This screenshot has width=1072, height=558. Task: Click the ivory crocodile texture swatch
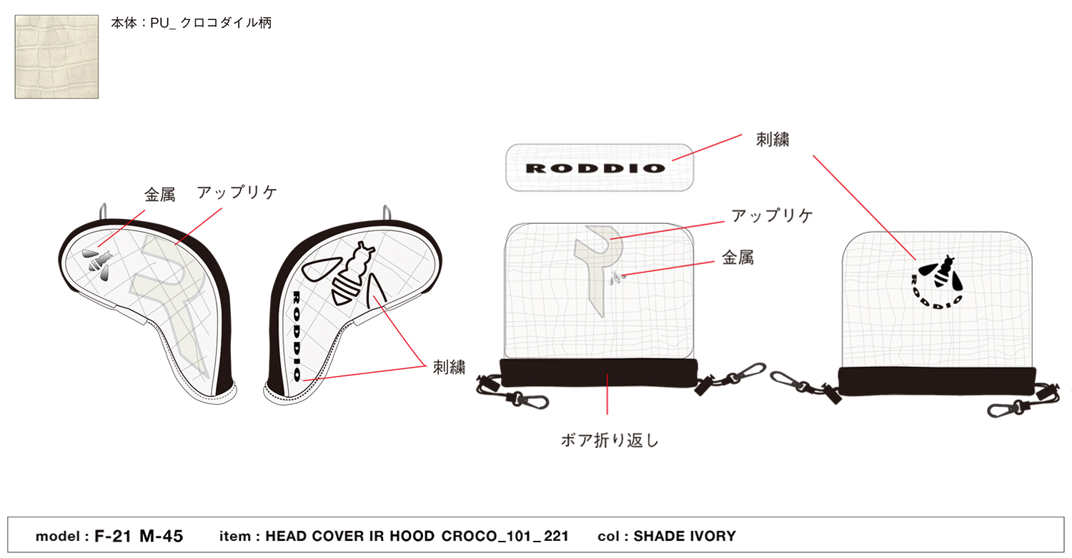(56, 57)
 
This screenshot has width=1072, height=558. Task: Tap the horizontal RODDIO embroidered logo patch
(599, 167)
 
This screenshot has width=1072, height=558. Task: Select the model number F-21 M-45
(139, 536)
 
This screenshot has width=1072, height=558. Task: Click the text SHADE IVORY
(685, 536)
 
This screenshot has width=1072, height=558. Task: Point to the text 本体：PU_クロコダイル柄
(192, 23)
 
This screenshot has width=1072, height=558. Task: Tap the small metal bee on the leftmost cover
(97, 264)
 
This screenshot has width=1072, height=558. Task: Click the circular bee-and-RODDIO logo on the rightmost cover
(938, 283)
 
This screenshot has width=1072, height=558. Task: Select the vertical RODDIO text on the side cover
(297, 336)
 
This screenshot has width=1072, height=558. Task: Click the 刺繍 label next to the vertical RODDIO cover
(449, 368)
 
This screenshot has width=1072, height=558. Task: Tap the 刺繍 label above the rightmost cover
(773, 139)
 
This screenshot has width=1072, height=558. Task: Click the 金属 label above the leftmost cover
(160, 195)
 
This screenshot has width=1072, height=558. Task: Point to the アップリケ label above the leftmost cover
(237, 192)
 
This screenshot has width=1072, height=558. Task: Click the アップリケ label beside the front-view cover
(772, 215)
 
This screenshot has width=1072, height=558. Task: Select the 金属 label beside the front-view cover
(738, 258)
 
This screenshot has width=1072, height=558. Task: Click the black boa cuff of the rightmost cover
(937, 381)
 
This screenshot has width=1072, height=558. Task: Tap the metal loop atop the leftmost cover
(103, 211)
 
